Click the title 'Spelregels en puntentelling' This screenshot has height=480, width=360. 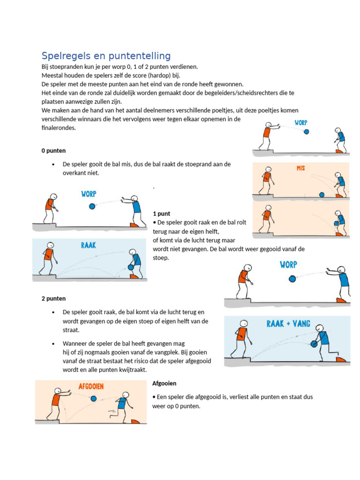[x=106, y=56]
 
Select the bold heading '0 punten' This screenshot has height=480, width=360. [x=53, y=151]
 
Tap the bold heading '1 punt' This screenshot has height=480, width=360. [x=161, y=213]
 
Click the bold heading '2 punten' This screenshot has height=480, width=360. [x=53, y=299]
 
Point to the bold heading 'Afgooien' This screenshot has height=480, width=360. [x=164, y=383]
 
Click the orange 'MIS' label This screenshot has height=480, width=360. [x=300, y=168]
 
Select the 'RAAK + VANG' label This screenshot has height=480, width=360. [x=288, y=324]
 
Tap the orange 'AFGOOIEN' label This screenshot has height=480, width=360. [x=91, y=387]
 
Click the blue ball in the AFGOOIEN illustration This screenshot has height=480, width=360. [x=93, y=399]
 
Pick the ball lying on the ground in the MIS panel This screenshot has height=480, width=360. [x=322, y=195]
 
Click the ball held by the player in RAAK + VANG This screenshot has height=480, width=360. [x=315, y=344]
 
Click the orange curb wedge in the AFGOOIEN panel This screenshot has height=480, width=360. [x=135, y=421]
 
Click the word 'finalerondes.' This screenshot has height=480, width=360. [x=59, y=127]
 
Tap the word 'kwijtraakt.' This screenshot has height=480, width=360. [x=132, y=370]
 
